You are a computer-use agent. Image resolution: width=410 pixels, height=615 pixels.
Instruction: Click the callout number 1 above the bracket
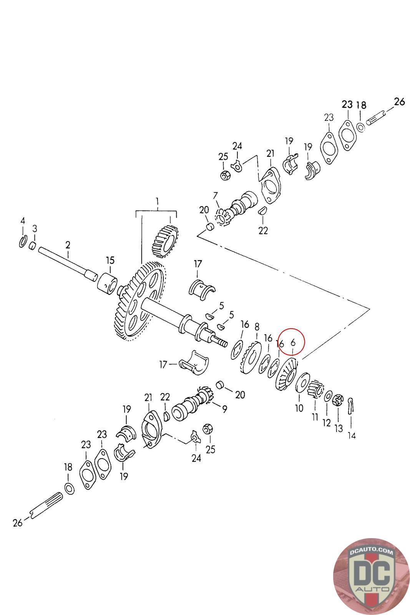157,201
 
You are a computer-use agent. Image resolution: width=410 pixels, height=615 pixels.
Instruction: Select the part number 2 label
68,244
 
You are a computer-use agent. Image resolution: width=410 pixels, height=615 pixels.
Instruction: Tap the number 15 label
110,261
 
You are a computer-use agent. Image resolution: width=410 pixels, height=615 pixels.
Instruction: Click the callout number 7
215,195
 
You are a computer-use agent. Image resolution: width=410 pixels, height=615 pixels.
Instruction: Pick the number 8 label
257,327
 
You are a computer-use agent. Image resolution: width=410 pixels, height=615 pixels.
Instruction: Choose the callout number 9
224,409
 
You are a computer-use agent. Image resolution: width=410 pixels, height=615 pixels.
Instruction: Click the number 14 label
352,435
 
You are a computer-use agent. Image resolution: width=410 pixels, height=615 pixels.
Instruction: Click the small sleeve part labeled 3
33,245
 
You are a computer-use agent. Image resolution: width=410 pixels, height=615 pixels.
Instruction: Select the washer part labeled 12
329,396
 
